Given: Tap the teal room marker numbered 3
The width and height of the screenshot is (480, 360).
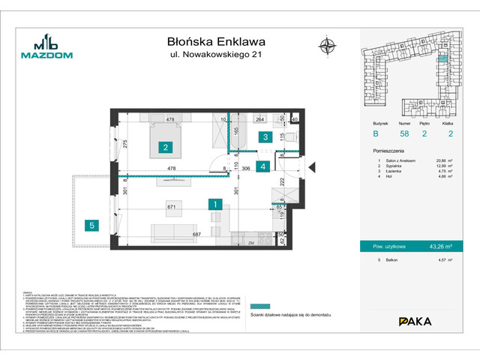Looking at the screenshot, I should click(265, 136).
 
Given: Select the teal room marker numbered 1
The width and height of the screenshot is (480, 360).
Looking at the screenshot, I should click(214, 203).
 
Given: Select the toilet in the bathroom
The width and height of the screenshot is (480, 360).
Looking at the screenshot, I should click(291, 136).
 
